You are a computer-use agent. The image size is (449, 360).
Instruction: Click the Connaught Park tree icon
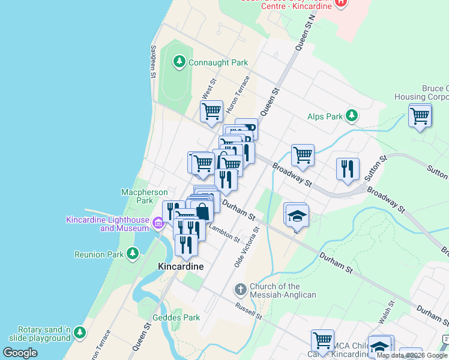coord(179,62)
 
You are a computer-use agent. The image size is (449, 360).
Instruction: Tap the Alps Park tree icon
coord(352,116)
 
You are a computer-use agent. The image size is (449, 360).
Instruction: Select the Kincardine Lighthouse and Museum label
coord(107,224)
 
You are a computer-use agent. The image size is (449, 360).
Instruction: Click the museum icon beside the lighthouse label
coord(158,224)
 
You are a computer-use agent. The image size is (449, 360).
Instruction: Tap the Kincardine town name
coord(180,266)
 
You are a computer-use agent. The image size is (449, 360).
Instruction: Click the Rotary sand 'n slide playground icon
coord(79,332)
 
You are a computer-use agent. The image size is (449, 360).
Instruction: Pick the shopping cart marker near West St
coord(211,112)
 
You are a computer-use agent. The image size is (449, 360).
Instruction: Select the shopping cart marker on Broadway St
coord(303,155)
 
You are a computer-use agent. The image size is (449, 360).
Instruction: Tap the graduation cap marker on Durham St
coord(297,215)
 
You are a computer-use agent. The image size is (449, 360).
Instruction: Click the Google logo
coord(20,353)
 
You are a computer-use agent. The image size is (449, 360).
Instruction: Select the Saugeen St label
coord(154,62)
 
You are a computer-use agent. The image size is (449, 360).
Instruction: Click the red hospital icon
coord(341,2)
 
